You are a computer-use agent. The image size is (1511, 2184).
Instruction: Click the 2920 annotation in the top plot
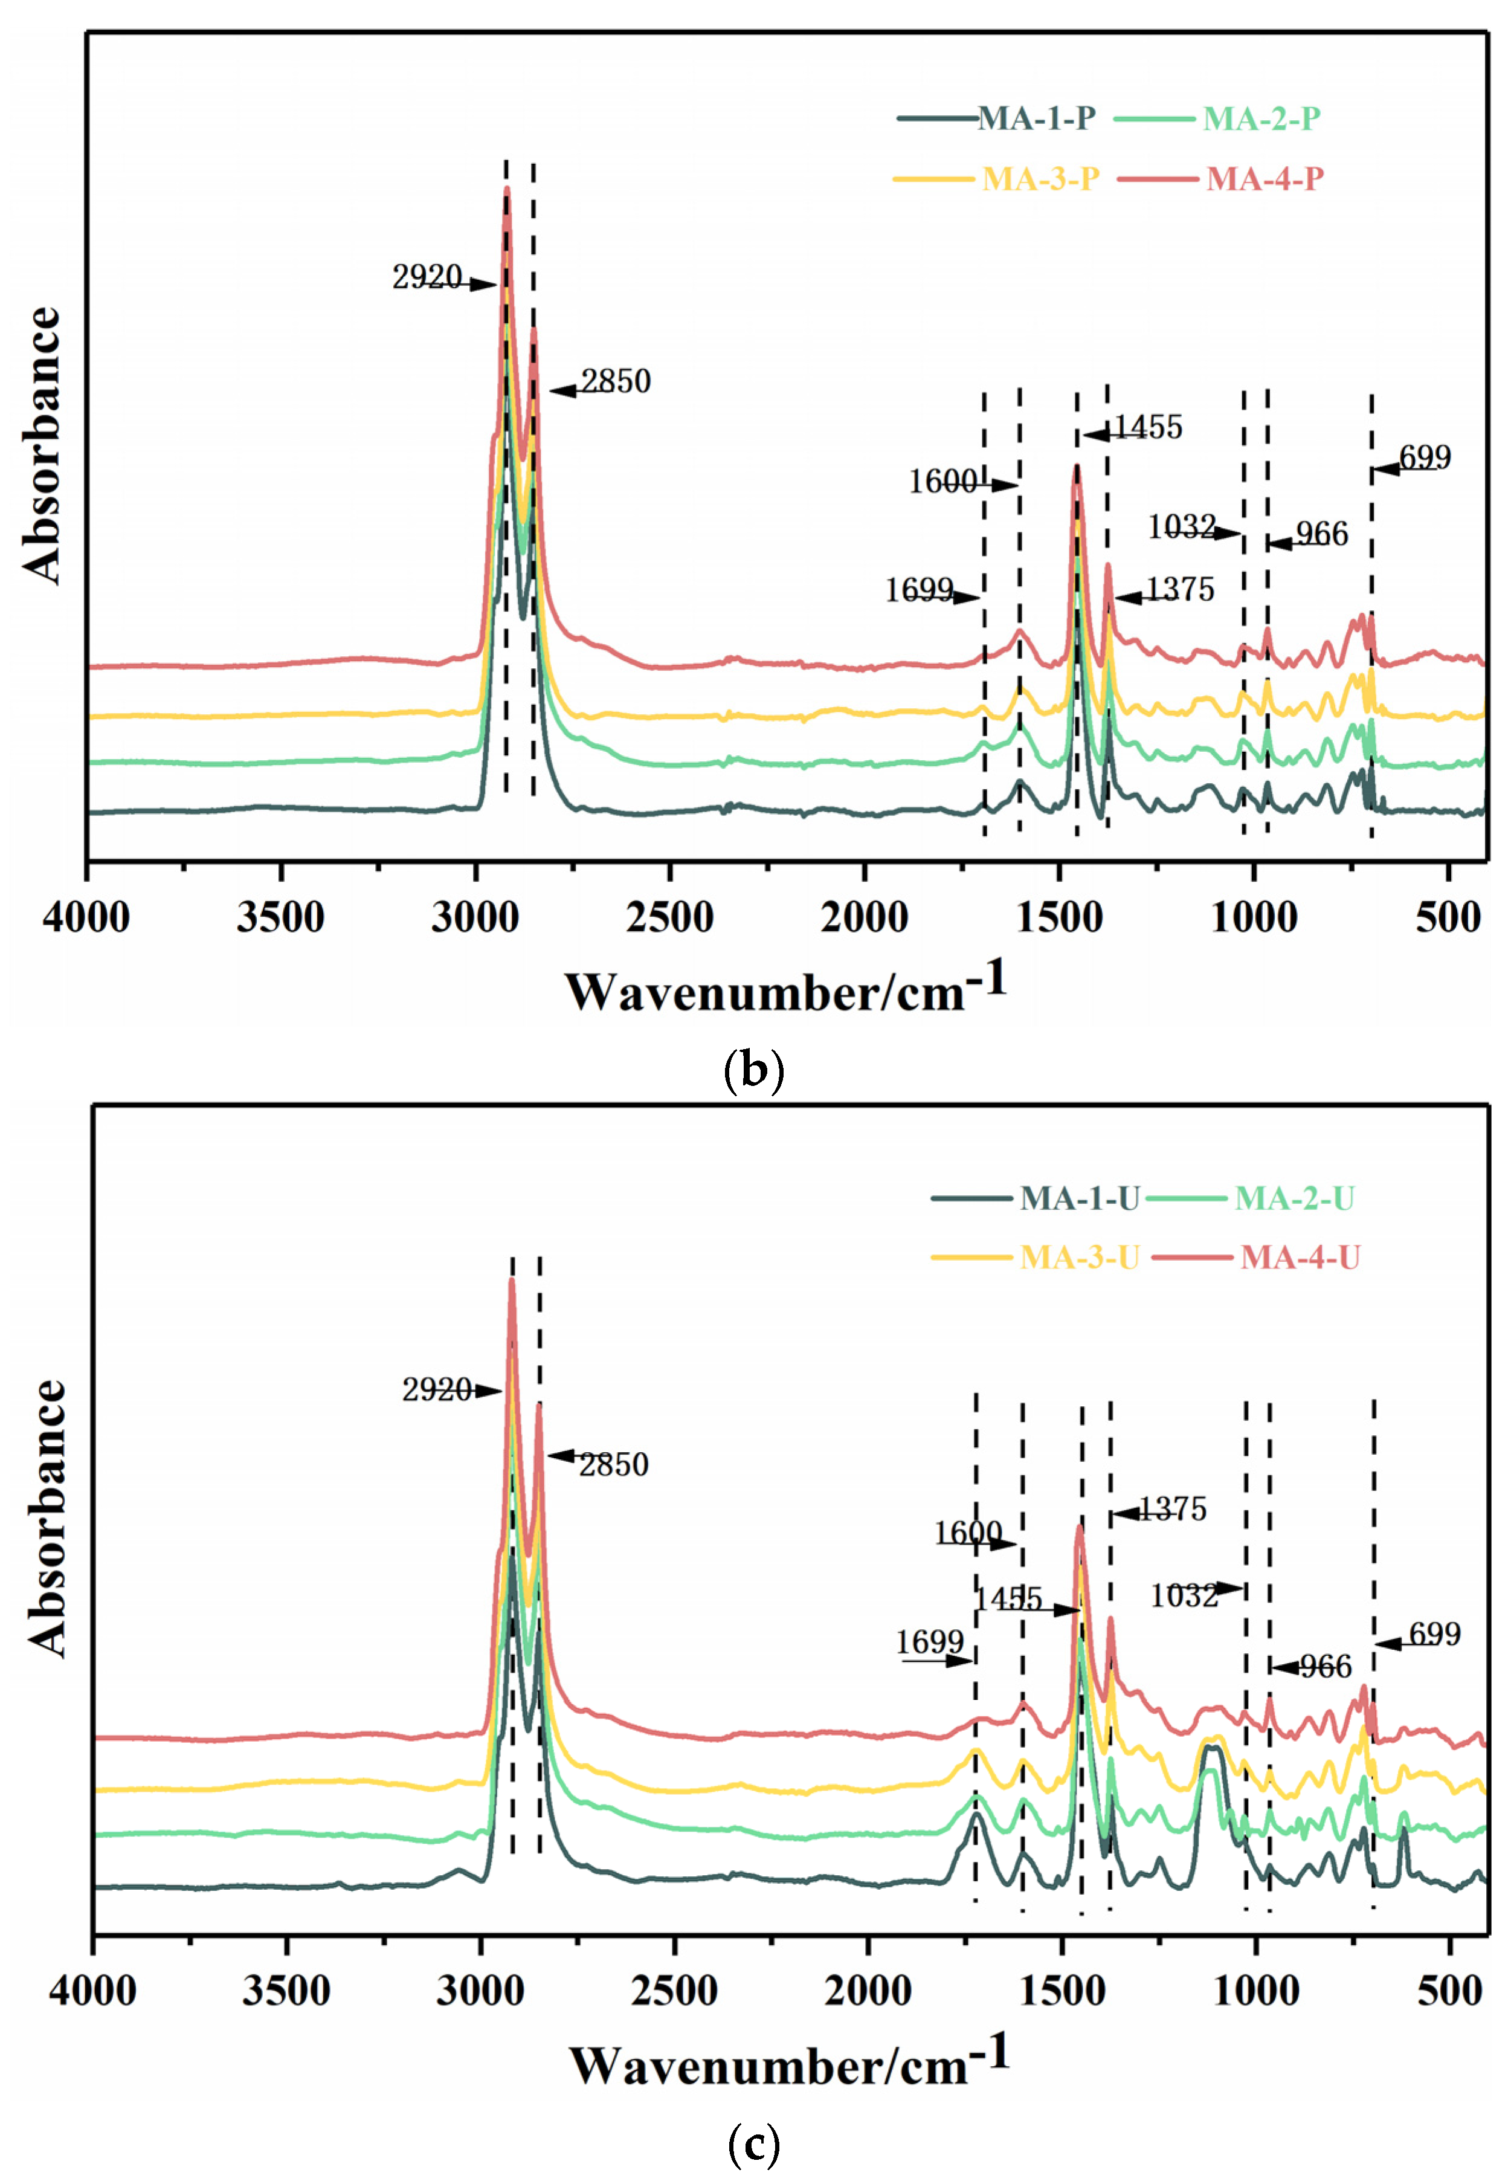point(427,277)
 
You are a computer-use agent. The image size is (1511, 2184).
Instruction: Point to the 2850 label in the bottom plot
point(613,1464)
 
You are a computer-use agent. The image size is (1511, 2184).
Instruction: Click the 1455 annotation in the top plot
point(1147,428)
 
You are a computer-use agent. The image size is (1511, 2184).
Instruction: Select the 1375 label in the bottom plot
point(1171,1509)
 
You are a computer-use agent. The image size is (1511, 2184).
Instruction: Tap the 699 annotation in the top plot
point(1424,459)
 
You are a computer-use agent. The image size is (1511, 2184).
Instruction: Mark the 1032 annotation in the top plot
point(1182,526)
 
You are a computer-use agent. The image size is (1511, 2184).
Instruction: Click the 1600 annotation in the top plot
point(943,482)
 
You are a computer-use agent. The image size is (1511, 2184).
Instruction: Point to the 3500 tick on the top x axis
point(280,917)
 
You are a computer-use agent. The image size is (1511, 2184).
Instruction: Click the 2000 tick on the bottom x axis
point(867,1990)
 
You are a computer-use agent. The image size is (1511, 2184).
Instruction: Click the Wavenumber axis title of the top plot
point(786,990)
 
